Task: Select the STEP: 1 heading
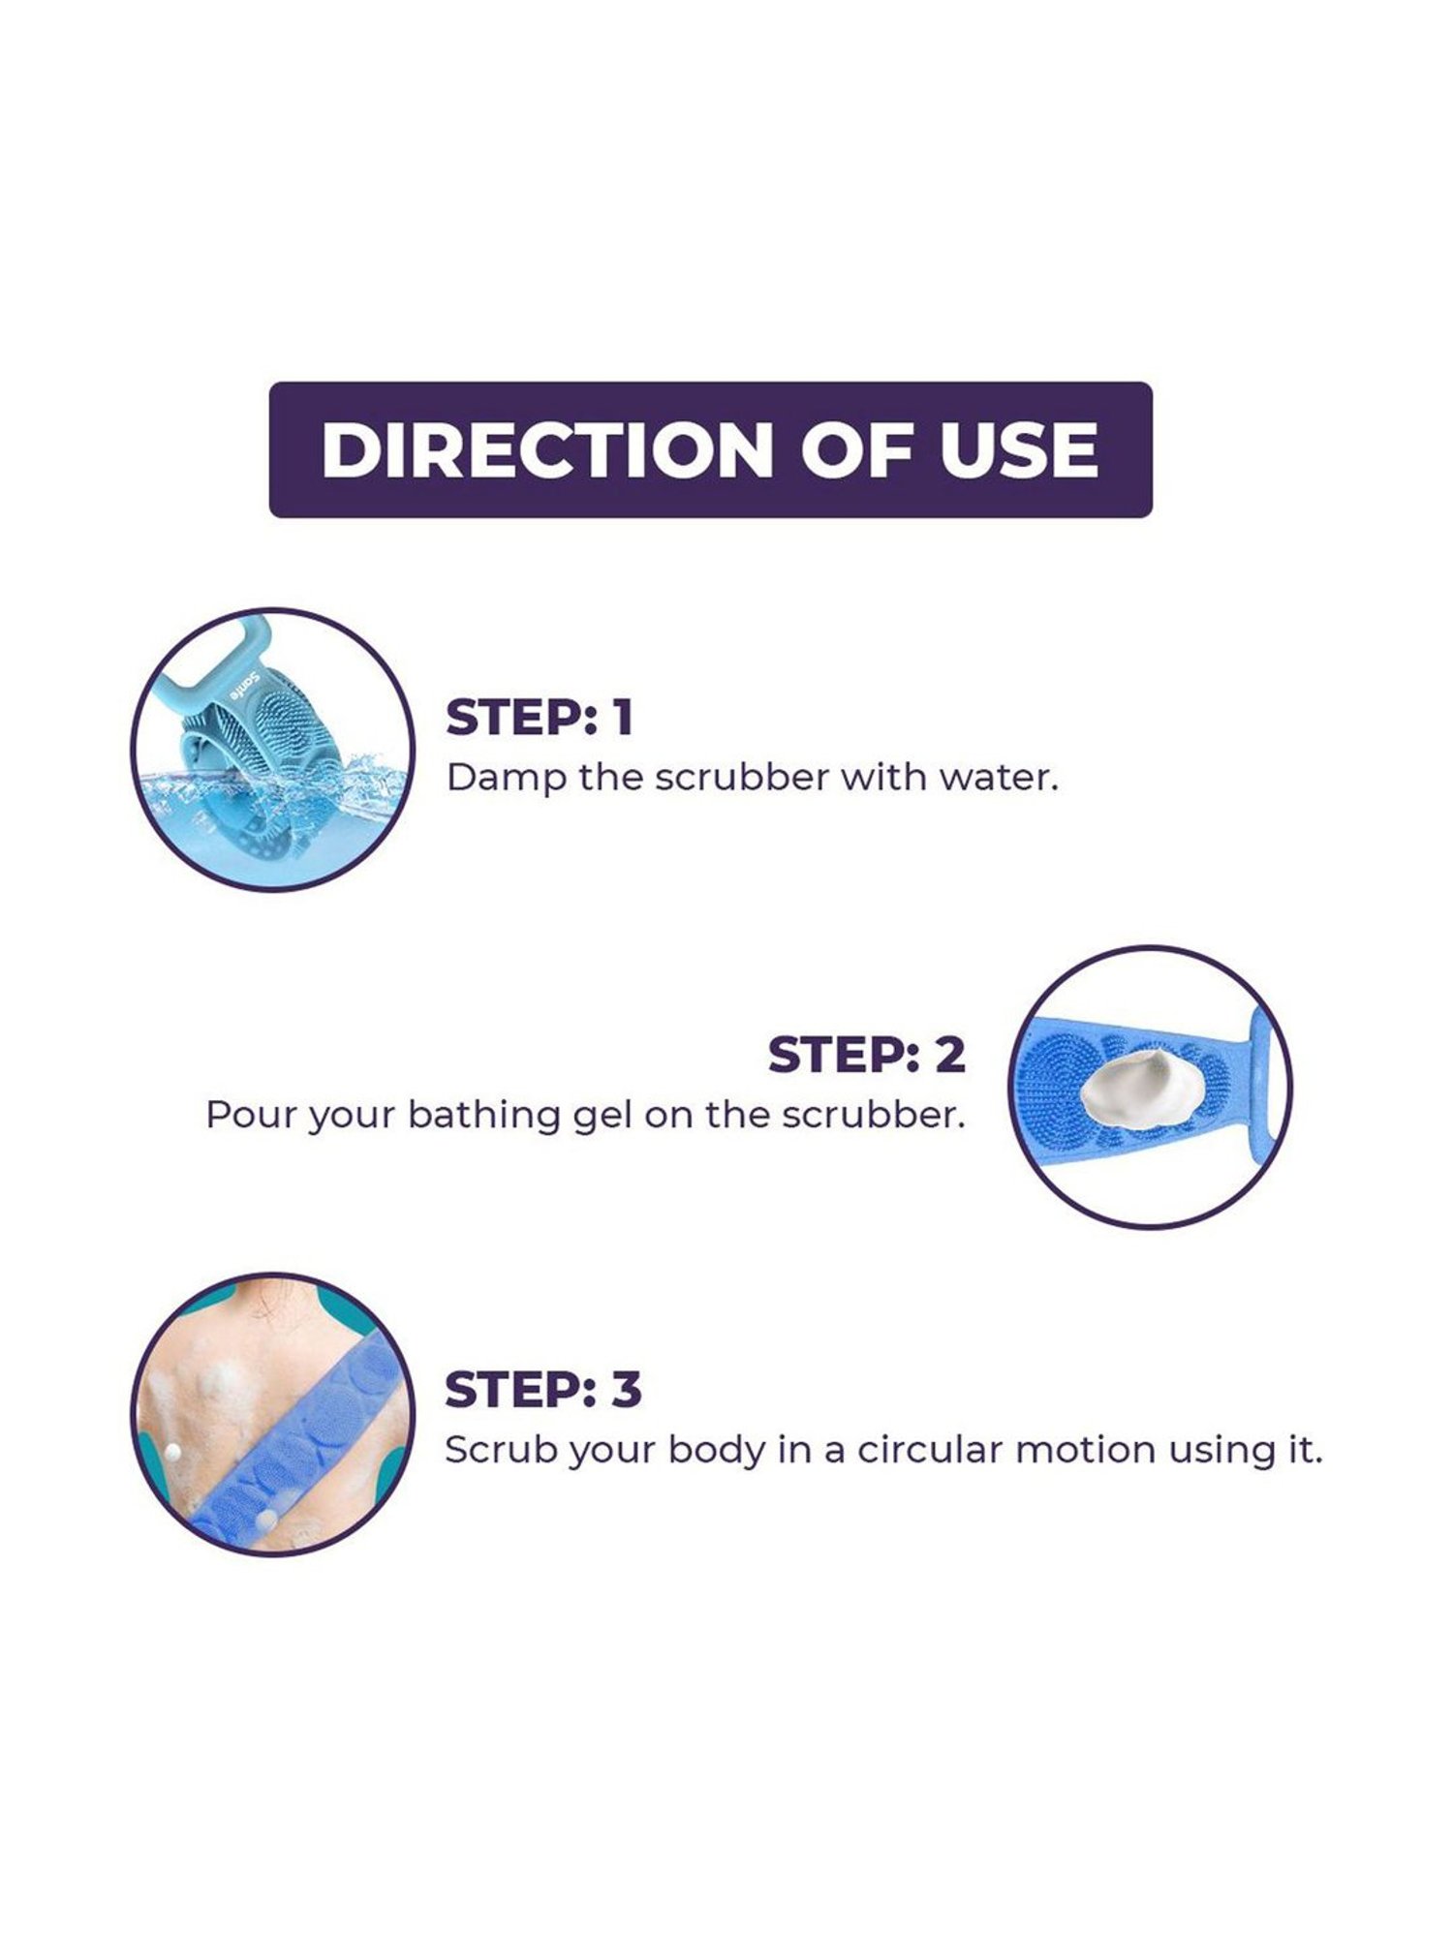[x=539, y=718]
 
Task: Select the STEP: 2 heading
[x=867, y=1055]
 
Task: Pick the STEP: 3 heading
[x=542, y=1390]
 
